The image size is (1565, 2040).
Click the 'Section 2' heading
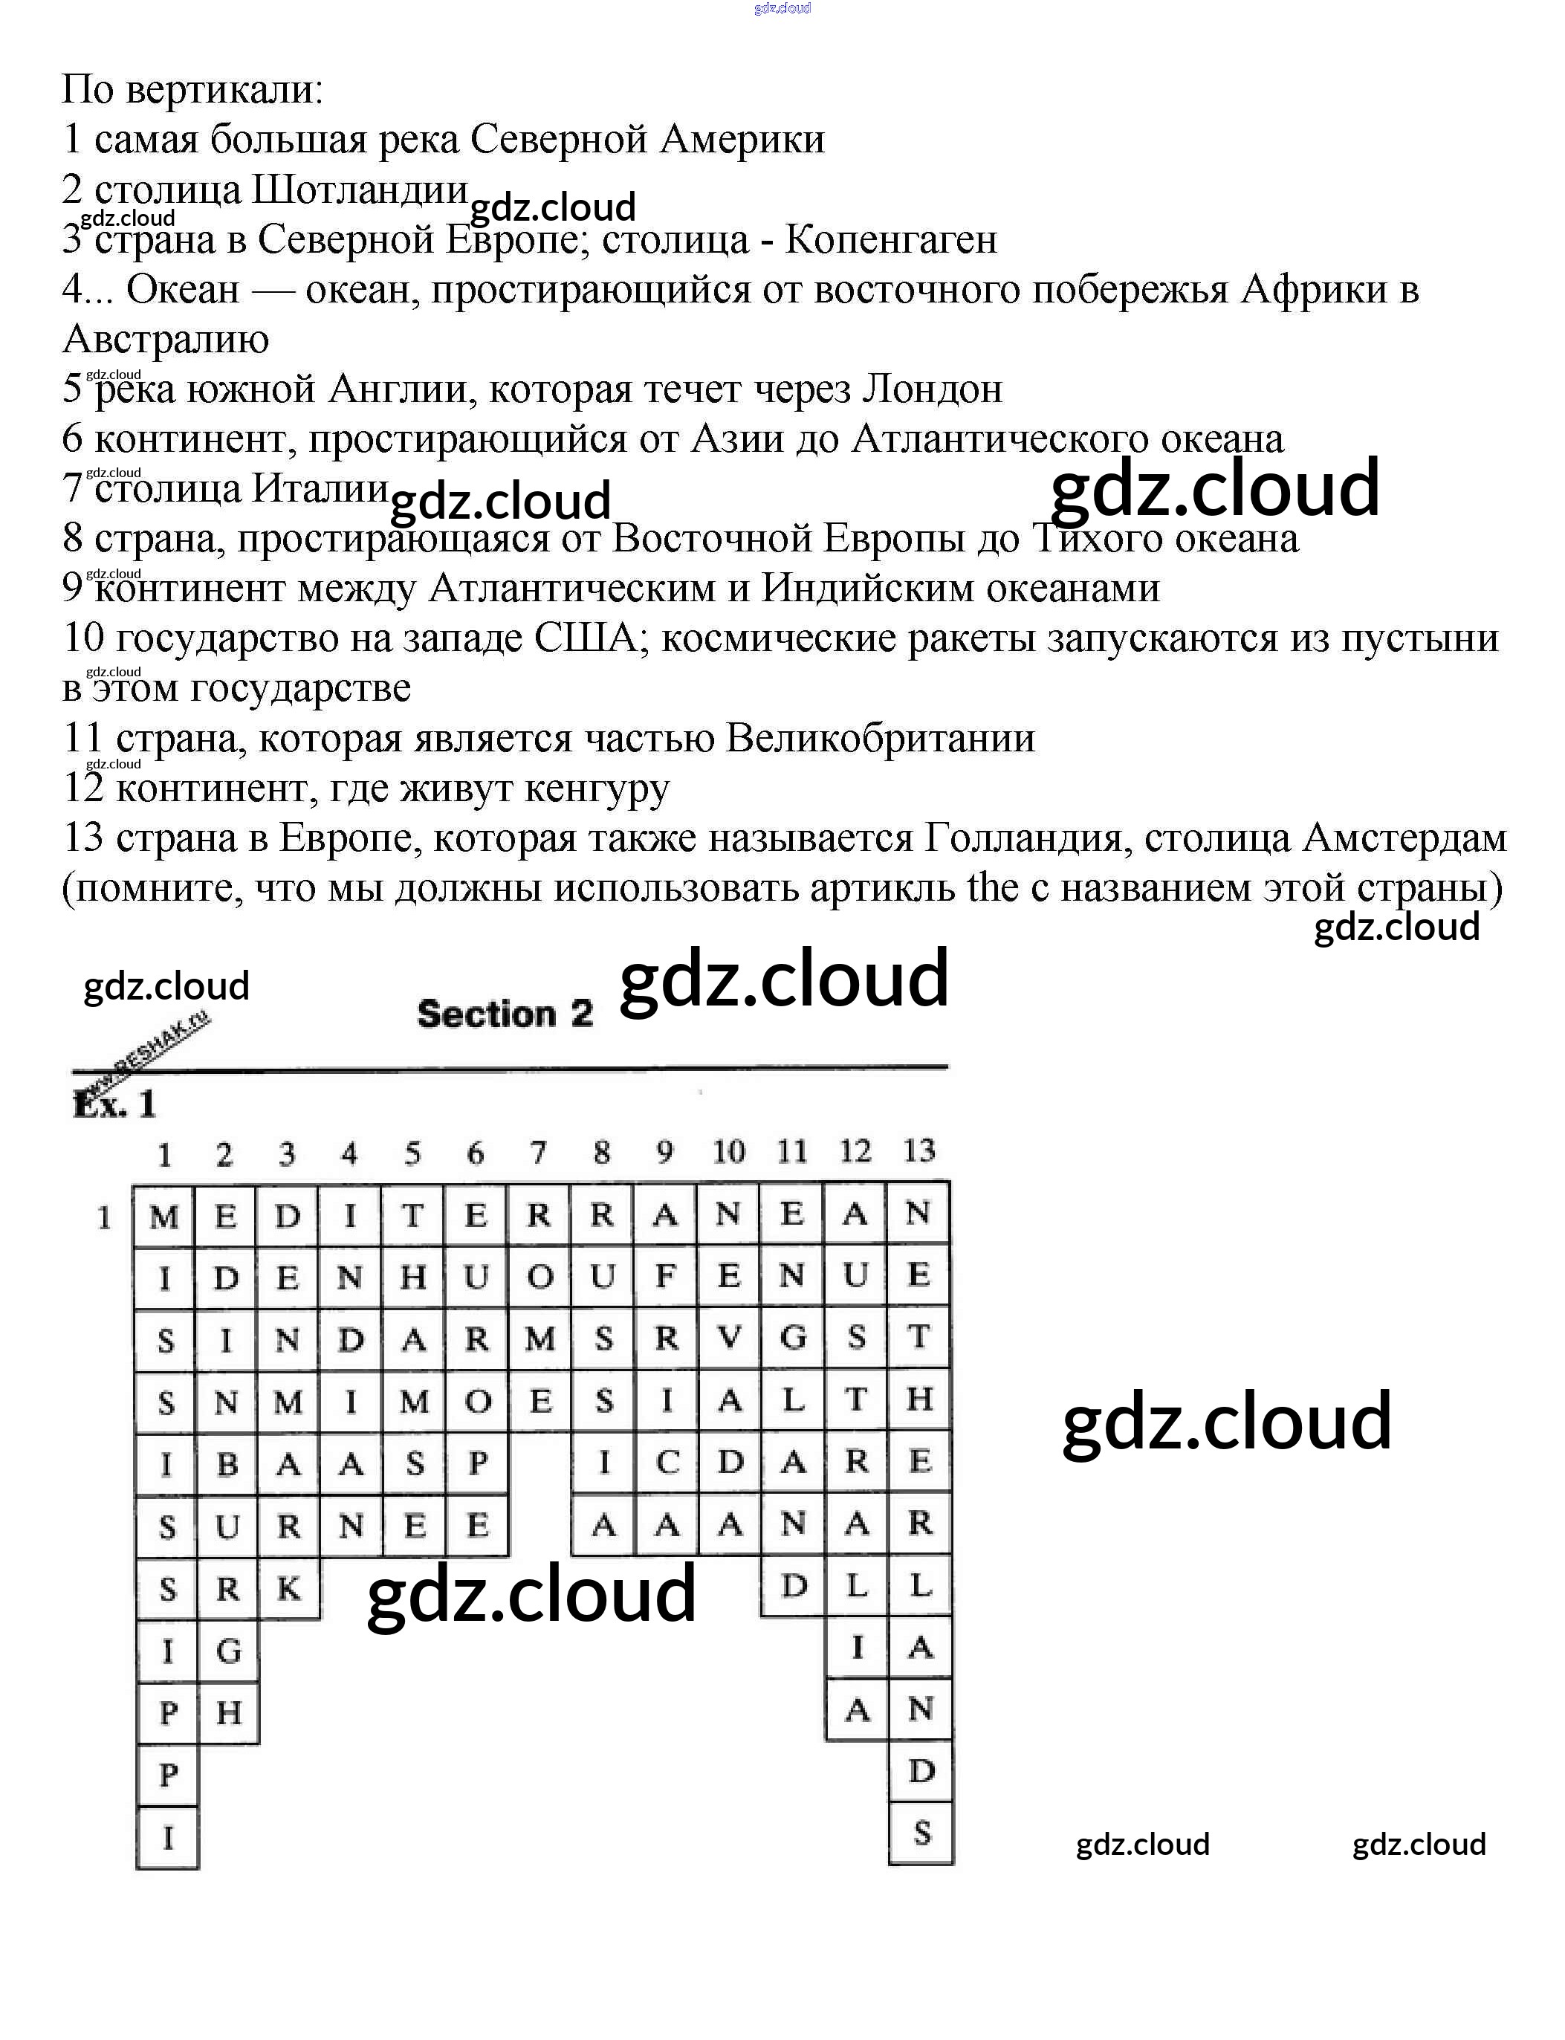tap(504, 1014)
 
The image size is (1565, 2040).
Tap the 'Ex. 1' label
tap(114, 1103)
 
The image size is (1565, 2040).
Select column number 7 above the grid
tap(539, 1153)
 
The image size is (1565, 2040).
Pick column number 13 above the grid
tap(918, 1151)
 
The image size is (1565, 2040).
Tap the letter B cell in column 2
tap(227, 1463)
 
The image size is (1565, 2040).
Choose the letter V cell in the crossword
tap(730, 1338)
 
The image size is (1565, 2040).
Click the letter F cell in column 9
tap(665, 1276)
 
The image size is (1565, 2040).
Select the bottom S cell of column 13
tap(921, 1833)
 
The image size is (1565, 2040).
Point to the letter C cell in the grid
tap(667, 1463)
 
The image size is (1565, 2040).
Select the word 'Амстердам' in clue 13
tap(1404, 838)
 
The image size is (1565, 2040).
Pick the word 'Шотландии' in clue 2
tap(360, 190)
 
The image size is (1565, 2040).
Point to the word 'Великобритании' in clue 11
tap(881, 739)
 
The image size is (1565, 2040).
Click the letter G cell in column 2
tap(228, 1651)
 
